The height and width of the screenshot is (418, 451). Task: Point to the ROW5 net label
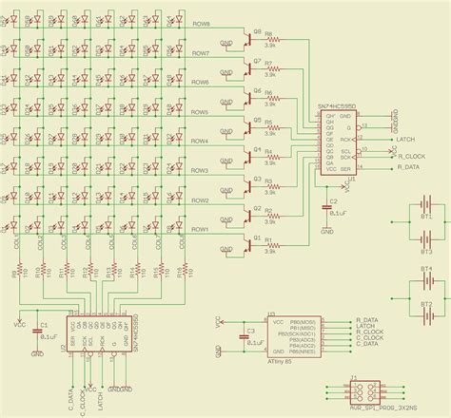[x=200, y=112]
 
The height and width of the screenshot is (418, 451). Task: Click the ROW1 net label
[x=200, y=229]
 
